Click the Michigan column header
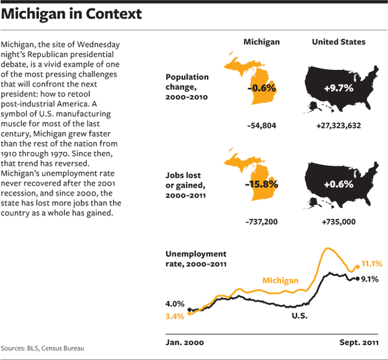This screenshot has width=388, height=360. pyautogui.click(x=261, y=42)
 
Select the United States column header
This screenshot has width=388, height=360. pyautogui.click(x=338, y=42)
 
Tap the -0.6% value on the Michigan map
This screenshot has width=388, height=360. pyautogui.click(x=262, y=87)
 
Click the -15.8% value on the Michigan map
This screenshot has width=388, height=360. pyautogui.click(x=261, y=184)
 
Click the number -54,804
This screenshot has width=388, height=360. pyautogui.click(x=261, y=126)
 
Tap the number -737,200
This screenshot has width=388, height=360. pyautogui.click(x=261, y=222)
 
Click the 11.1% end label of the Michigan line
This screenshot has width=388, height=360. pyautogui.click(x=372, y=264)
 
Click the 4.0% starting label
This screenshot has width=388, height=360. pyautogui.click(x=175, y=304)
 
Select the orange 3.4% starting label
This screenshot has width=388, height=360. pyautogui.click(x=175, y=316)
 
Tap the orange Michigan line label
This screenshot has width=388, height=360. pyautogui.click(x=280, y=281)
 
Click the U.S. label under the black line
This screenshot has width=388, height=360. pyautogui.click(x=299, y=316)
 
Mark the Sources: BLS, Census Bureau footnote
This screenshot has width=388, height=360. pyautogui.click(x=43, y=348)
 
